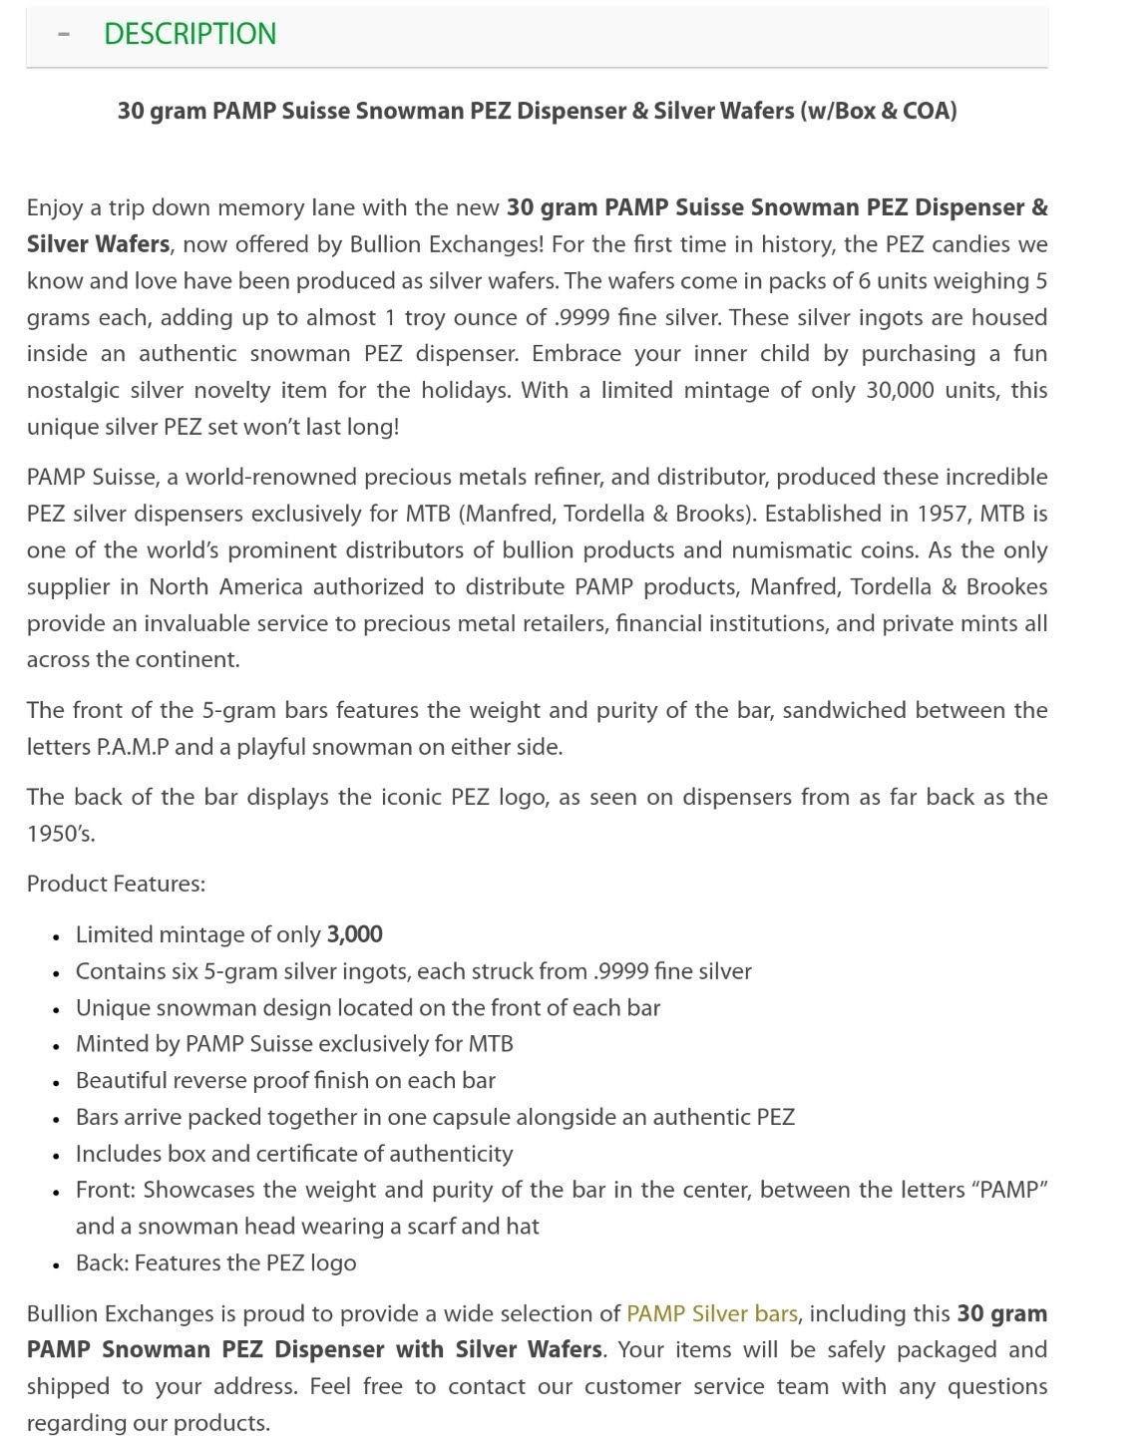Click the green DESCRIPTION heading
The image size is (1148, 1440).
pyautogui.click(x=190, y=34)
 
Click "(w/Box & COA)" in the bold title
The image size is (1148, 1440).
pyautogui.click(x=878, y=111)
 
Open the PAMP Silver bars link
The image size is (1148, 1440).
pyautogui.click(x=711, y=1313)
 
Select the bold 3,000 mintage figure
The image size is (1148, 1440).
pyautogui.click(x=354, y=934)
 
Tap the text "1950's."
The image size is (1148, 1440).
pyautogui.click(x=61, y=834)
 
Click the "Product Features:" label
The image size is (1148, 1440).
pyautogui.click(x=116, y=884)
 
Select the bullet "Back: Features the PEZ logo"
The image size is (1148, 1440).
pyautogui.click(x=215, y=1262)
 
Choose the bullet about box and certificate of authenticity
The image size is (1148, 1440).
pyautogui.click(x=294, y=1154)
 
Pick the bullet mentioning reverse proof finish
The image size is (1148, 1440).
pyautogui.click(x=285, y=1081)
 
